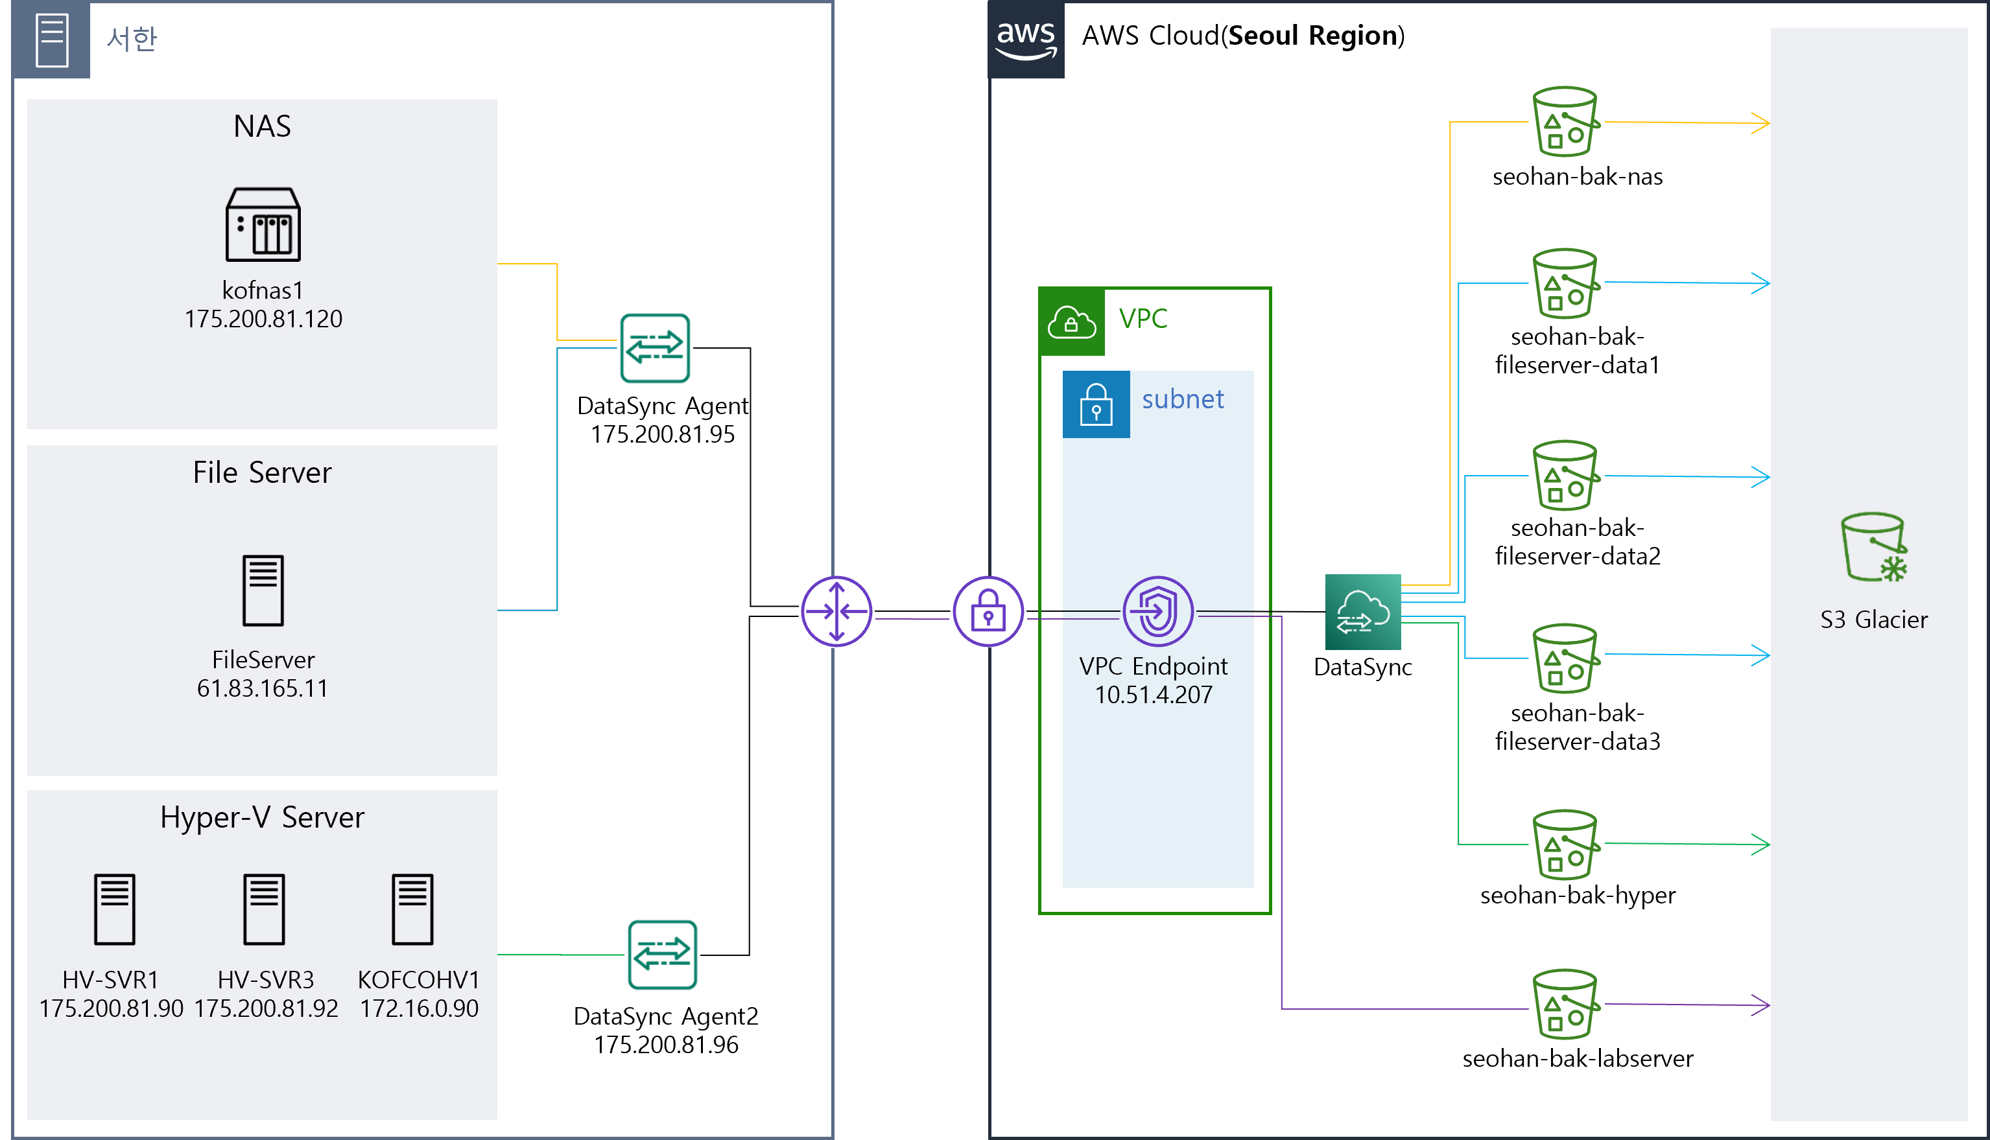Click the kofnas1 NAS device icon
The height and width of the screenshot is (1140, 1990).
click(263, 224)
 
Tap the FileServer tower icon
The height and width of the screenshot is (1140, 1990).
click(263, 590)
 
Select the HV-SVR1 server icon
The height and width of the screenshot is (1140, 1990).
click(114, 909)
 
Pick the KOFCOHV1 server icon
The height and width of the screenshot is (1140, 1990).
click(413, 909)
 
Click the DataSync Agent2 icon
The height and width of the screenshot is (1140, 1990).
click(663, 955)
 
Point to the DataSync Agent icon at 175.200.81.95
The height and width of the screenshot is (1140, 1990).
click(655, 347)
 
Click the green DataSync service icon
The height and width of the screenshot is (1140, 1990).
click(1363, 612)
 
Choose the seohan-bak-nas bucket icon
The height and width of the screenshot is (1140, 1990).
click(1565, 121)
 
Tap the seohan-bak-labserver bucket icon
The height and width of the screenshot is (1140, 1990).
click(1565, 1005)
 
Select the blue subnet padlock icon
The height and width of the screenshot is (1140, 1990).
click(1096, 404)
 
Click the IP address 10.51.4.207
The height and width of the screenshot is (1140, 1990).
click(1154, 695)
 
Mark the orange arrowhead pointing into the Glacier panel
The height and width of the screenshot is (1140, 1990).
click(1760, 123)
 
